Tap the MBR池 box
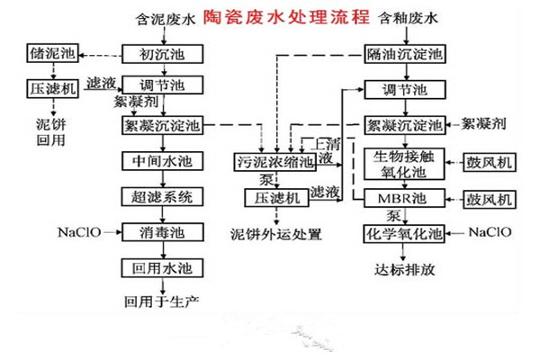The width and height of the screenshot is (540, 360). [x=406, y=196]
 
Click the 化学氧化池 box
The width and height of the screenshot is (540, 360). [x=406, y=232]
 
